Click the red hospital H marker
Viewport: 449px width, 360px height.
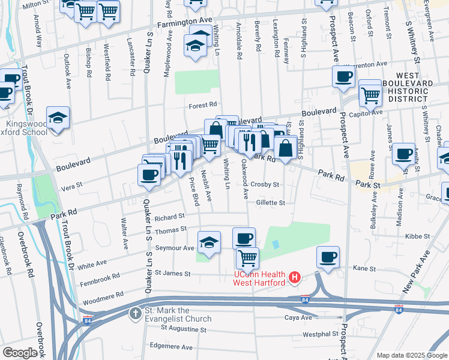295,278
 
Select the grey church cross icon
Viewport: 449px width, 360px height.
136,312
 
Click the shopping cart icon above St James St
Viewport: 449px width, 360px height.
247,258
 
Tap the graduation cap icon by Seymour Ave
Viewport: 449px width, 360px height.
209,241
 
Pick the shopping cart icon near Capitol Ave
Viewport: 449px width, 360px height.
371,94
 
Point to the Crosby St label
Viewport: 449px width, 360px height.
265,185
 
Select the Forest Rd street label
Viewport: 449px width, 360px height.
202,104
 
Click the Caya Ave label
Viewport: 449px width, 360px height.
298,316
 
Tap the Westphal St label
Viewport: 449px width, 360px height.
316,334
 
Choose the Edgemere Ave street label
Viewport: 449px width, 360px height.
172,347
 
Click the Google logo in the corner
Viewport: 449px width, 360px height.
20,352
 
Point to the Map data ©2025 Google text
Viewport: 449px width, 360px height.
411,355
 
